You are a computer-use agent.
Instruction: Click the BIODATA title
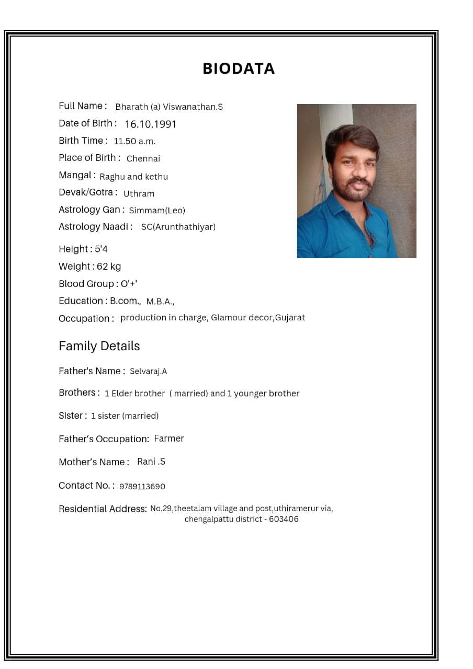(239, 68)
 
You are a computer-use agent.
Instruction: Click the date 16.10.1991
(151, 124)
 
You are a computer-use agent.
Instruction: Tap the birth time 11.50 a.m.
(134, 141)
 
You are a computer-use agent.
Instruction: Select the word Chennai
(143, 158)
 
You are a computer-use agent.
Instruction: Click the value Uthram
(139, 194)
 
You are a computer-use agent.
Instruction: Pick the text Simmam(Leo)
(157, 211)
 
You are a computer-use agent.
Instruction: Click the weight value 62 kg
(109, 267)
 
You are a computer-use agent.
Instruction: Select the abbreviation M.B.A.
(160, 302)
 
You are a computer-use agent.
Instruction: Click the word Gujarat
(290, 318)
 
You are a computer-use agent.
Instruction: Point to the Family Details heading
(99, 346)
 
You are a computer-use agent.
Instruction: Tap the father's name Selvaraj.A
(149, 372)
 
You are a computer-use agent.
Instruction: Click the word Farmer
(169, 439)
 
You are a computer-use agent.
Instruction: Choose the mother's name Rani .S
(151, 462)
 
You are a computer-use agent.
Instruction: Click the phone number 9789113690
(142, 487)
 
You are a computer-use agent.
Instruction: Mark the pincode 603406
(284, 520)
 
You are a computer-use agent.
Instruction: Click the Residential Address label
(103, 509)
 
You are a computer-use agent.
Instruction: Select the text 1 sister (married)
(125, 416)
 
